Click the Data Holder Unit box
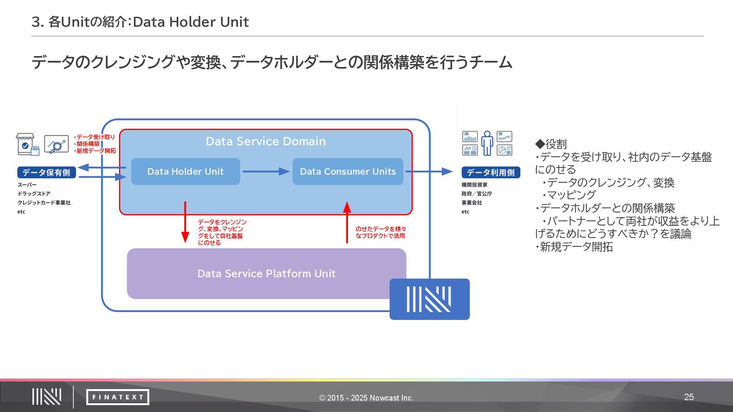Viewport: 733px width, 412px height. tap(186, 172)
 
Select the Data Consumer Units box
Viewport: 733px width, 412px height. tap(348, 172)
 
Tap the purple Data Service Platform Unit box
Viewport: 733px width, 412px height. tap(266, 274)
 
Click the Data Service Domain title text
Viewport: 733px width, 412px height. tap(266, 142)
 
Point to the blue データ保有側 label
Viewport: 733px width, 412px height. tap(46, 172)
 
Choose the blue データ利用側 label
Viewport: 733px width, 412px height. tap(491, 172)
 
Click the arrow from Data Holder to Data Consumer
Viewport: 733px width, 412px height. tap(266, 172)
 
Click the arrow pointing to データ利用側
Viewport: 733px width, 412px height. tap(429, 172)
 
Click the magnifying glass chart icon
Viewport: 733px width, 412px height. tap(57, 144)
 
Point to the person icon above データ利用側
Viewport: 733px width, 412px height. tap(487, 143)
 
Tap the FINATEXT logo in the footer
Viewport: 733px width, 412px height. tap(118, 397)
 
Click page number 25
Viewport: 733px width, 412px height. tap(689, 397)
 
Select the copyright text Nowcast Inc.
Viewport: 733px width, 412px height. tap(366, 398)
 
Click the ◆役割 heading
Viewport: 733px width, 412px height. tap(551, 144)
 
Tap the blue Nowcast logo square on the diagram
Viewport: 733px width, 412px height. tap(429, 299)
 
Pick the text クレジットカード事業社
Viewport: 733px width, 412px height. tap(44, 203)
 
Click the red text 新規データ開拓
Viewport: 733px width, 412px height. tap(96, 151)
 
